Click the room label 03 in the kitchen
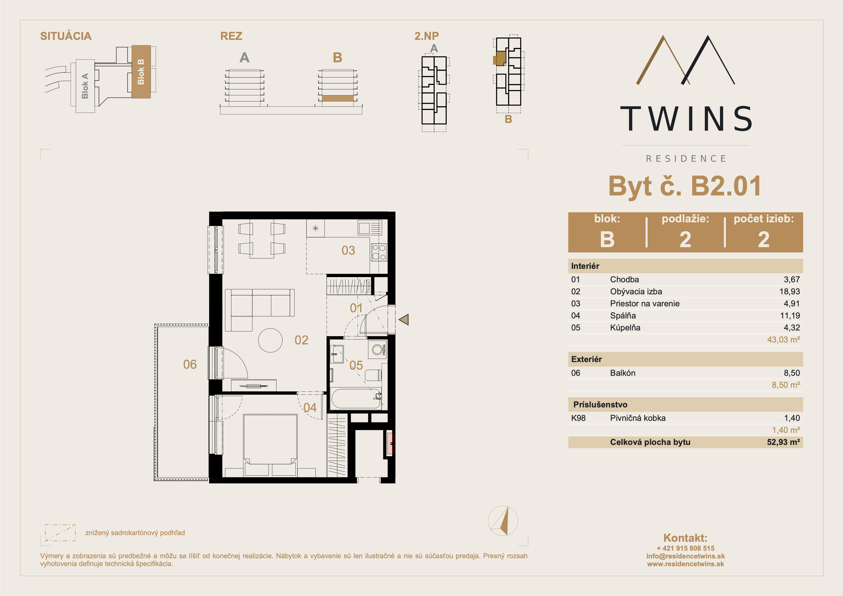(348, 250)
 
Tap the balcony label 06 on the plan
(190, 364)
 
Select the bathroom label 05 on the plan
(356, 365)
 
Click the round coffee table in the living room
(270, 340)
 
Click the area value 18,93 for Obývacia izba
(789, 292)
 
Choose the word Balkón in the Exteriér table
(623, 373)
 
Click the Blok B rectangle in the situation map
(141, 72)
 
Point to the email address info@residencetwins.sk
(686, 556)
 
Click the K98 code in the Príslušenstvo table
(578, 418)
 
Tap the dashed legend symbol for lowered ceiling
(60, 533)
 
